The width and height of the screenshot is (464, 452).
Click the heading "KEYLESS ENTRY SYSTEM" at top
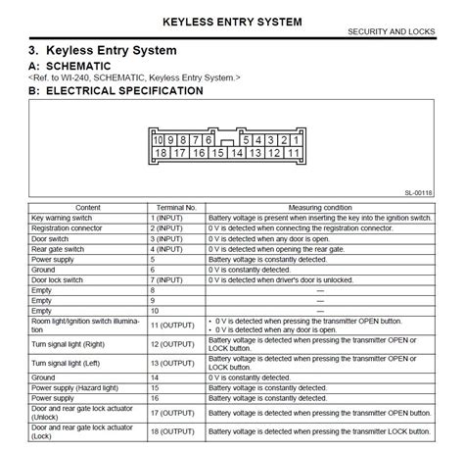[231, 21]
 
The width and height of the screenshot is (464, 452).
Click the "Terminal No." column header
[177, 208]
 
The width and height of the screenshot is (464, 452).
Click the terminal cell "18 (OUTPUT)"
[171, 432]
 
